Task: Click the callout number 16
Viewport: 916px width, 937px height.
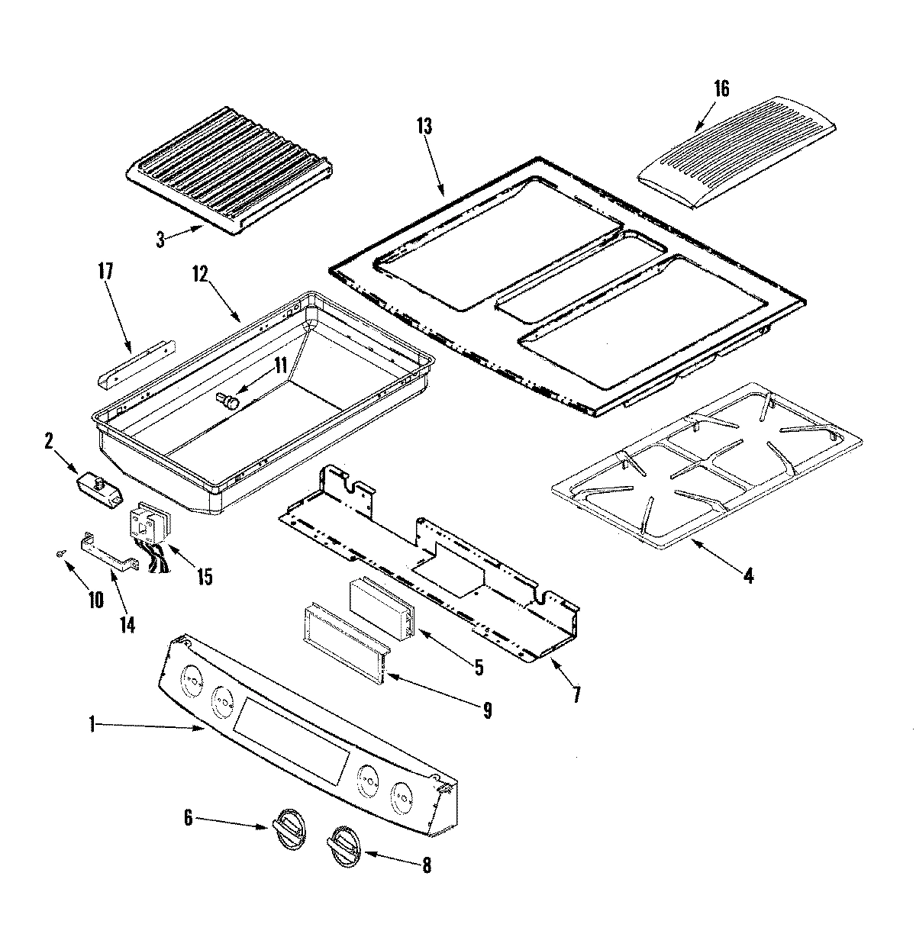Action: point(721,89)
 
